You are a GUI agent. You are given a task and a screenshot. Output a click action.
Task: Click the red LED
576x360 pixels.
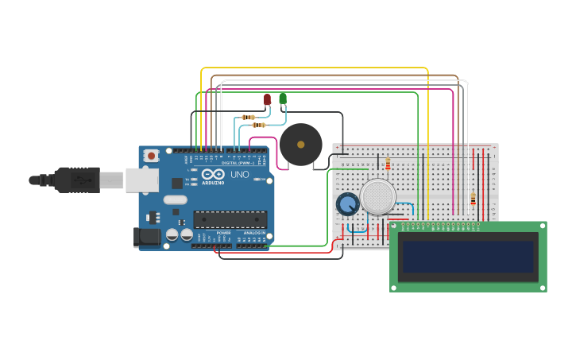[268, 99]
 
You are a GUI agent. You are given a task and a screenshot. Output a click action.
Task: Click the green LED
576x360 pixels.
[283, 99]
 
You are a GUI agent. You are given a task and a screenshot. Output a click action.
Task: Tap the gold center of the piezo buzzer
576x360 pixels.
[300, 145]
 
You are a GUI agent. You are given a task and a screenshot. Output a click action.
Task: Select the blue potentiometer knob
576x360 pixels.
[347, 204]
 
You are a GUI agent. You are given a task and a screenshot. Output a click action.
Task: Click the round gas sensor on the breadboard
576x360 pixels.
[377, 196]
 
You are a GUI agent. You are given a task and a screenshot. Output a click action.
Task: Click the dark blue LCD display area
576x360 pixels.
[468, 257]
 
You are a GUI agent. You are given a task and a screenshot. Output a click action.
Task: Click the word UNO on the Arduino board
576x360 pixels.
[239, 174]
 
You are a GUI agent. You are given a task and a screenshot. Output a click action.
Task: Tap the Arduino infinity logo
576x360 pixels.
[212, 174]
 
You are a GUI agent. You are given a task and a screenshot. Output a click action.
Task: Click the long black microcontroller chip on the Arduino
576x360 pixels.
[230, 219]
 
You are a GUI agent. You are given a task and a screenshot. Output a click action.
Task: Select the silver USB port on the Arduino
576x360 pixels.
[141, 180]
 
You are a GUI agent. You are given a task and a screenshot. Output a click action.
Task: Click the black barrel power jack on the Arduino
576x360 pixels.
[147, 236]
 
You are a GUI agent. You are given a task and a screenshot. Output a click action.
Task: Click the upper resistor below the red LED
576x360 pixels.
[249, 117]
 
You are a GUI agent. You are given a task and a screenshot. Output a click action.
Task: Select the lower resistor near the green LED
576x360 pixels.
[258, 125]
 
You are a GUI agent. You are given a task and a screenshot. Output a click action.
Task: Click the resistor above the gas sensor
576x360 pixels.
[388, 165]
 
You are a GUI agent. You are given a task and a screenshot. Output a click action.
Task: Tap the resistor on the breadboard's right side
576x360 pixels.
[473, 199]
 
